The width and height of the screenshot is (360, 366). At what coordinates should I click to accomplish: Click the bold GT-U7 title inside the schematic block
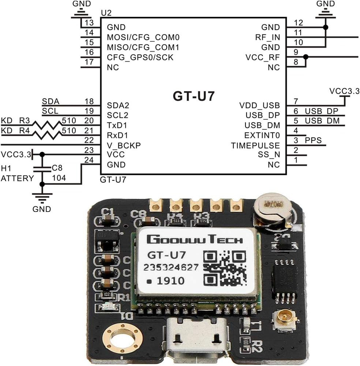tap(193, 96)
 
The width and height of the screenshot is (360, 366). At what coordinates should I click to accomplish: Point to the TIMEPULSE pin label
tap(255, 145)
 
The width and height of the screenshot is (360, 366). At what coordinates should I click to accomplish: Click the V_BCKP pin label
tap(124, 145)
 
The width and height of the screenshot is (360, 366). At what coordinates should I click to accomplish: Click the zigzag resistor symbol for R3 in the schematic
tap(47, 125)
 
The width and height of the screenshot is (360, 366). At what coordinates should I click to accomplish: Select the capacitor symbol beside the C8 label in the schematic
tap(42, 168)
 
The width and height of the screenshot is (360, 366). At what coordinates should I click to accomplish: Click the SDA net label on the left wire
tap(50, 101)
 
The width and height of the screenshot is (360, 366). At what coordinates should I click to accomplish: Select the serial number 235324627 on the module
tap(171, 267)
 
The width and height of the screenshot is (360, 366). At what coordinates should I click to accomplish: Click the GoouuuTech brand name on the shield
tap(194, 239)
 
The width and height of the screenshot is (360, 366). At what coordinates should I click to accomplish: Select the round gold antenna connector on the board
tap(284, 320)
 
